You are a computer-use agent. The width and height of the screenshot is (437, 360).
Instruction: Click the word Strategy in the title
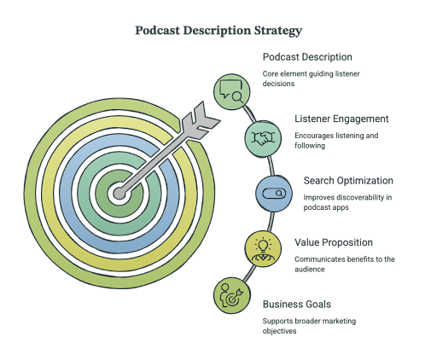coord(277,31)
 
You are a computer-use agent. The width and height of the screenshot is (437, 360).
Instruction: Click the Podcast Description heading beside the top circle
coord(307,57)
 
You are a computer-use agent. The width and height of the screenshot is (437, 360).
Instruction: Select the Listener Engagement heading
coord(341,119)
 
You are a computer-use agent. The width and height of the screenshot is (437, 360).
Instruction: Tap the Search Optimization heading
coord(348,181)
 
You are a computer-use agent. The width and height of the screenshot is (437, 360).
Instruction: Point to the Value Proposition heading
coord(334,242)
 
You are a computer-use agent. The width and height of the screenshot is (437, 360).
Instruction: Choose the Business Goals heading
coord(297,305)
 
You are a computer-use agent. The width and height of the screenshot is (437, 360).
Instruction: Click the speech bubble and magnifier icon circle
coord(232,91)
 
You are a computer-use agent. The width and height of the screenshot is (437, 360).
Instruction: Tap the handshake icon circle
coord(263,138)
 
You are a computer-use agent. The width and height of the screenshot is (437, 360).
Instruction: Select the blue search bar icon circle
coord(274,194)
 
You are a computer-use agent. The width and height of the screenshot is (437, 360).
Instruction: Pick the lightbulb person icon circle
coord(263,249)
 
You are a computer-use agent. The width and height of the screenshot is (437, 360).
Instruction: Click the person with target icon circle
coord(232,295)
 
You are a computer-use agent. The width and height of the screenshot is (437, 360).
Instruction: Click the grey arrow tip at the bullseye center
coord(119,194)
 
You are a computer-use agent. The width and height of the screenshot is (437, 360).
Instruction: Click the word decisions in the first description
coord(278,84)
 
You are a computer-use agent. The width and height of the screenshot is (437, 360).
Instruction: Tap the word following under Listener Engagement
coord(310,146)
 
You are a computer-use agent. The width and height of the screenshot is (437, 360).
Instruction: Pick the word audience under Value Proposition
coord(310,270)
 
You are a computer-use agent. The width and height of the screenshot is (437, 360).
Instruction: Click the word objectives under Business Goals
coord(279,331)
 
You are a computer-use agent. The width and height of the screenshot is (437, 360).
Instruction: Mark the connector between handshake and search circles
coord(271,165)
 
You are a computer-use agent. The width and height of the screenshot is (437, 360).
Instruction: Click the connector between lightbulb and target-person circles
coord(248,274)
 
